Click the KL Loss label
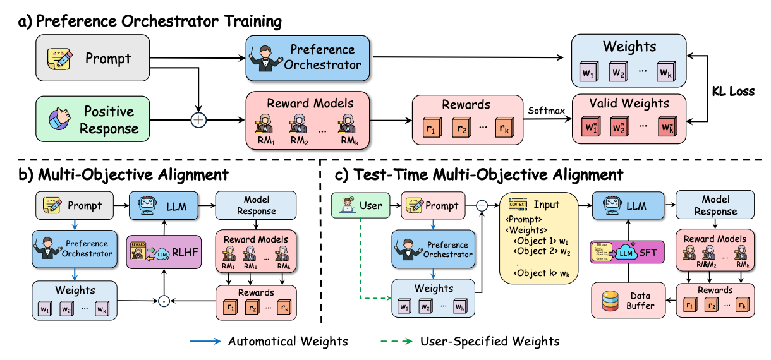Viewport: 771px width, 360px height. point(733,91)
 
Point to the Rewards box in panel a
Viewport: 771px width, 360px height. point(466,119)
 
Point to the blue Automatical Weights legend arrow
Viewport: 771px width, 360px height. point(208,342)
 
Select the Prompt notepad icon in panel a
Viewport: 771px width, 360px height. point(56,59)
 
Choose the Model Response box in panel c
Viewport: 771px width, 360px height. point(715,206)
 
